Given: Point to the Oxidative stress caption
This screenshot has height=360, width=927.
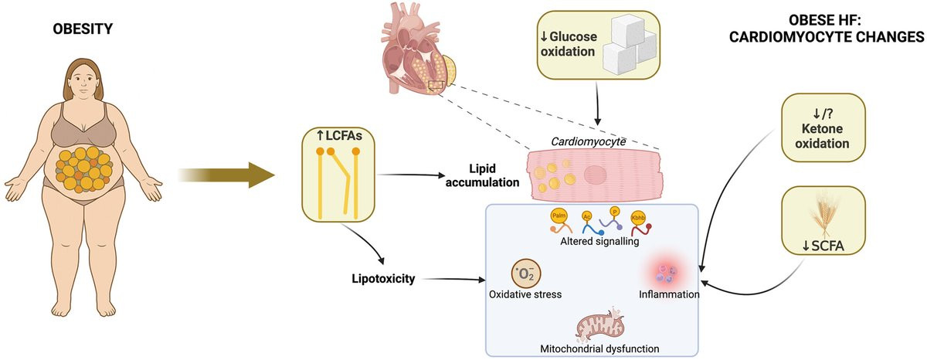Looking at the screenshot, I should pyautogui.click(x=526, y=294).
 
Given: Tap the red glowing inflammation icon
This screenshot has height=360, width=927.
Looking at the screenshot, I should pyautogui.click(x=667, y=272).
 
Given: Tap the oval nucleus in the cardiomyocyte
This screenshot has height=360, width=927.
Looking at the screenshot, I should pyautogui.click(x=597, y=175).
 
